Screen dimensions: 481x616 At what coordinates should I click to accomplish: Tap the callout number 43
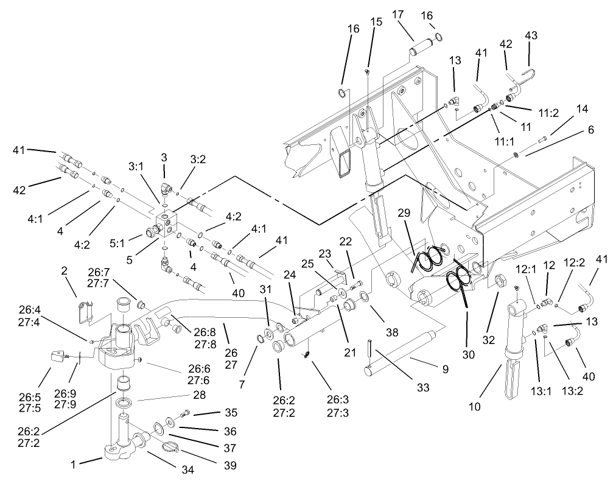click(531, 36)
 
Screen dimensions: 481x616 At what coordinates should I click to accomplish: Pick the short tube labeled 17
click(421, 45)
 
